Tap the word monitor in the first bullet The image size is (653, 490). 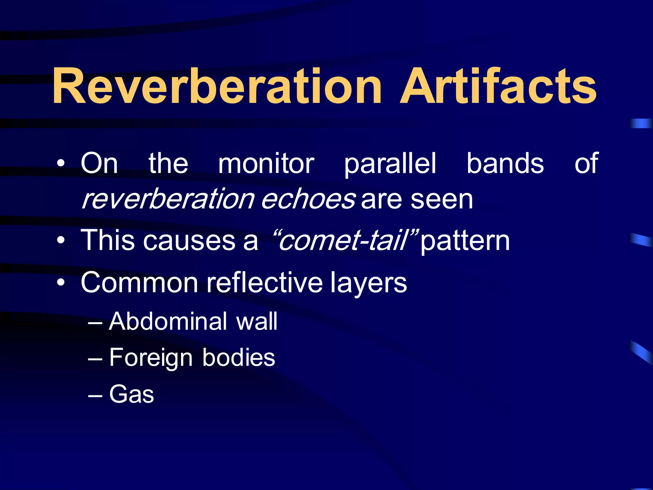[266, 164]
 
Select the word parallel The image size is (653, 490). [390, 164]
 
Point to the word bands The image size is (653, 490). [505, 164]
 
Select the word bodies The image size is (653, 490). [238, 357]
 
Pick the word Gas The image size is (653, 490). [131, 394]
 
